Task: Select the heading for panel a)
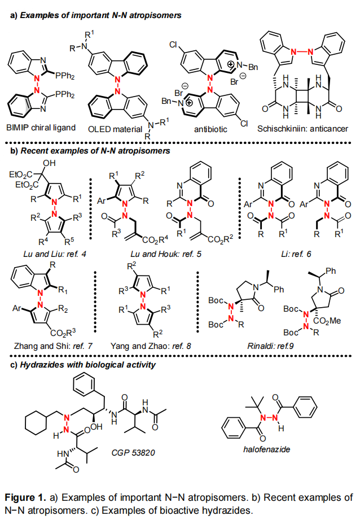(x=96, y=16)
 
